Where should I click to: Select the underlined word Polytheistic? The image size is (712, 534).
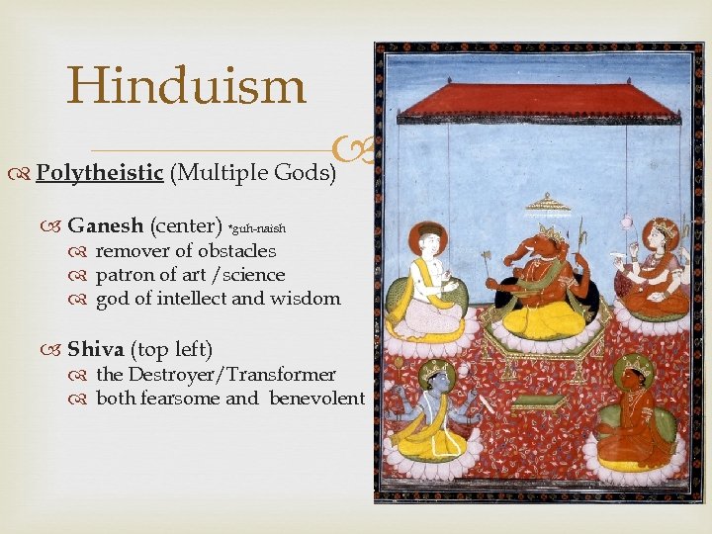99,173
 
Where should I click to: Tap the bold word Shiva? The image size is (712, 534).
95,349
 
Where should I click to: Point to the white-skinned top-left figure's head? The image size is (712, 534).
427,241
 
